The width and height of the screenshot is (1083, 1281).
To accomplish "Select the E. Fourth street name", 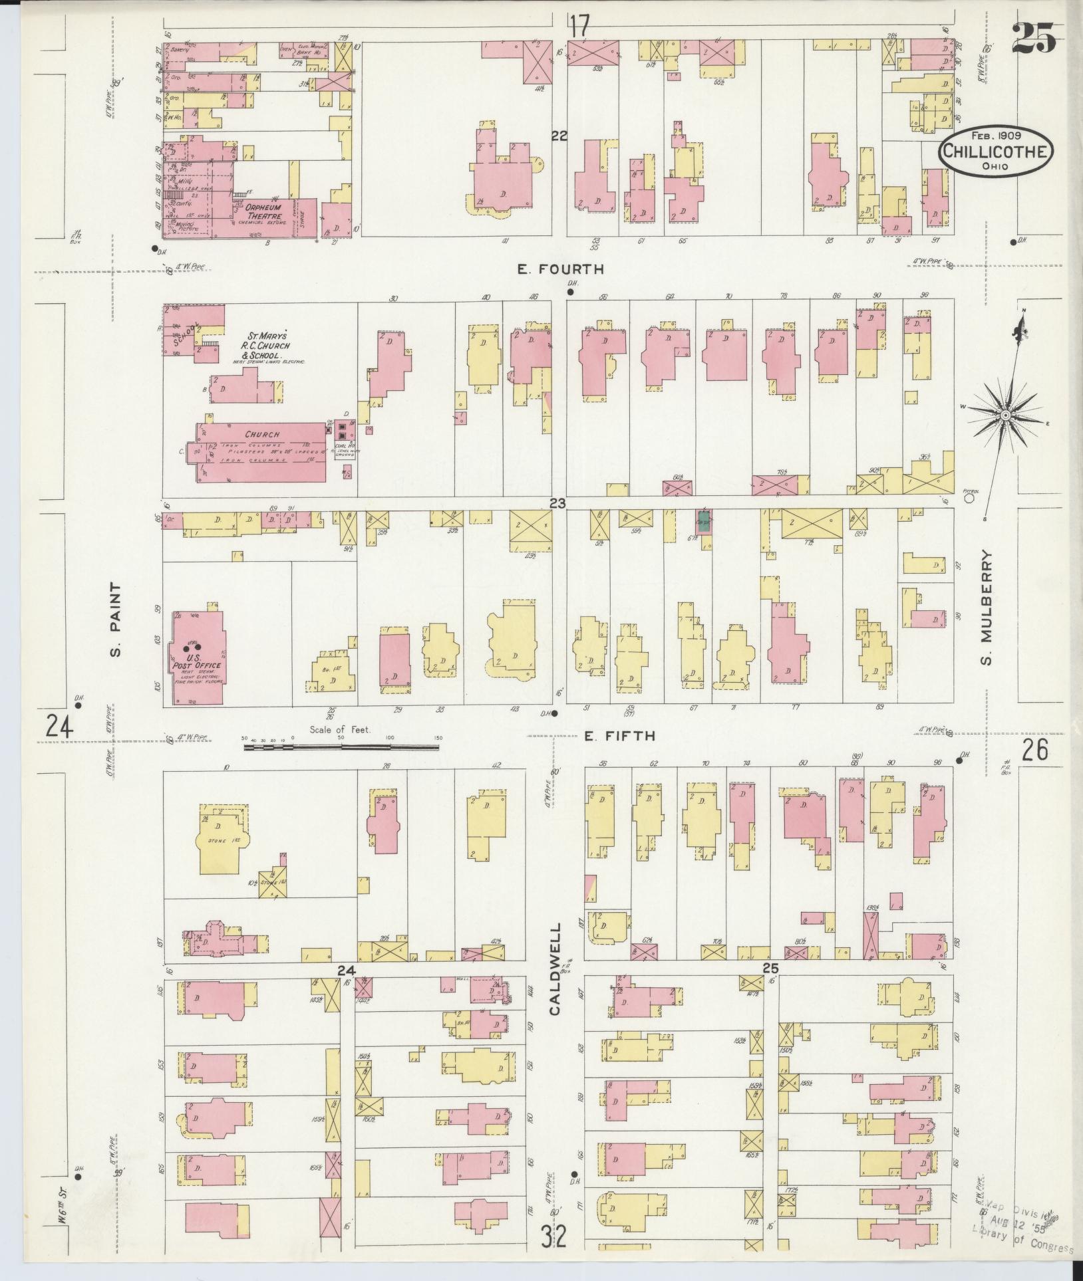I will click(x=561, y=269).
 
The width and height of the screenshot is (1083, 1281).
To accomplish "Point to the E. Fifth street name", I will click(x=620, y=736).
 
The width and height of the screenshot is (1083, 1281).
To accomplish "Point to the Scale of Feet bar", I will click(x=341, y=747).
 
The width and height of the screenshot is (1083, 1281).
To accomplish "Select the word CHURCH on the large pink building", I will click(x=262, y=434).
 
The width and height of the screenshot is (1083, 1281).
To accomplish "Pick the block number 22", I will click(x=559, y=136).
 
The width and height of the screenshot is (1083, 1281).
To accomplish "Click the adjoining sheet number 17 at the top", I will click(x=579, y=28).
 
